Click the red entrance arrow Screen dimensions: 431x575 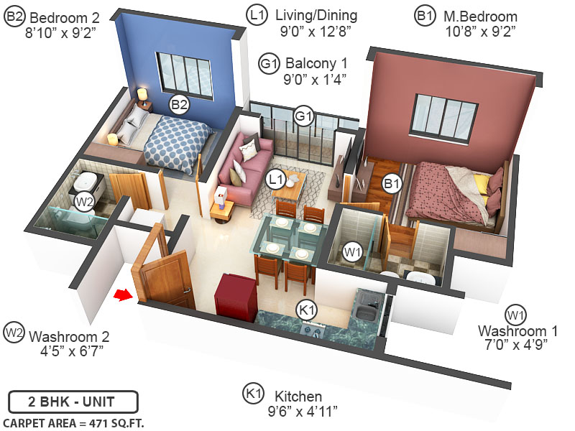pyautogui.click(x=124, y=294)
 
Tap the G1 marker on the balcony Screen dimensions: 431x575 pyautogui.click(x=304, y=116)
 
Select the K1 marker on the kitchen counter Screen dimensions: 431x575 pyautogui.click(x=307, y=310)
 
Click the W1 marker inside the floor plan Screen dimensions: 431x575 pyautogui.click(x=352, y=252)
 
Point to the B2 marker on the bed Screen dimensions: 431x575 pyautogui.click(x=179, y=106)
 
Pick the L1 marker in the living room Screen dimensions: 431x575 pyautogui.click(x=276, y=178)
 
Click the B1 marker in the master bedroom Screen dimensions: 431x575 pyautogui.click(x=392, y=184)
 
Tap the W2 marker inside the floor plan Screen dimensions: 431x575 pyautogui.click(x=85, y=201)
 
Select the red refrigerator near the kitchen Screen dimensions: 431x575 pyautogui.click(x=236, y=296)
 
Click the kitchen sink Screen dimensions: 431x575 pyautogui.click(x=367, y=312)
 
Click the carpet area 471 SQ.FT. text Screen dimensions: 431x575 pyautogui.click(x=73, y=422)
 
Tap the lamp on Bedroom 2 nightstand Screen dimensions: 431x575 pyautogui.click(x=142, y=95)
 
